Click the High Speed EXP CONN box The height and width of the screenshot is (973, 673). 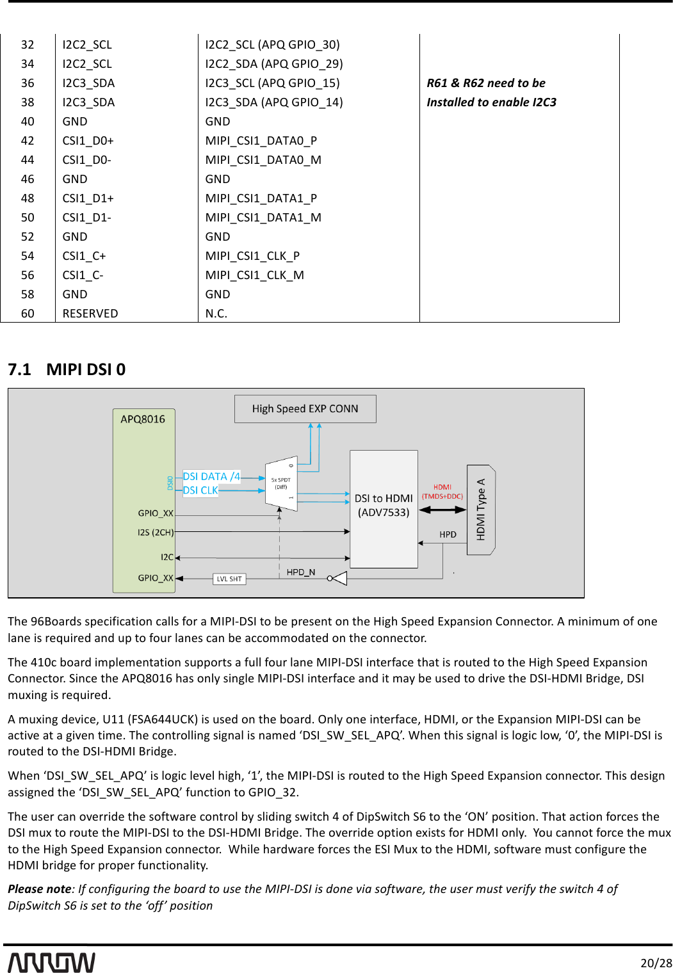(x=305, y=408)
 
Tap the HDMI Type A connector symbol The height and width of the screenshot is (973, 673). (x=481, y=510)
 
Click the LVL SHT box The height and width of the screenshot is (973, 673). (x=229, y=579)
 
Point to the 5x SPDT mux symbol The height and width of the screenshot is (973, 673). (x=281, y=484)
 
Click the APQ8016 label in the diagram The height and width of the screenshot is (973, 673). (x=143, y=419)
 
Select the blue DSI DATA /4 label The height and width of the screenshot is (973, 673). (x=211, y=476)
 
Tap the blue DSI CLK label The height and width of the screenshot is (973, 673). (x=200, y=490)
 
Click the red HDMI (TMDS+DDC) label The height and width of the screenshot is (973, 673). (x=442, y=492)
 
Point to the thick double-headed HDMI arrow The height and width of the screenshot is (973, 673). (x=442, y=510)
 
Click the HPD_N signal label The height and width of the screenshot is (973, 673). (x=300, y=572)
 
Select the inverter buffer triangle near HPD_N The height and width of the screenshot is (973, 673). (x=339, y=578)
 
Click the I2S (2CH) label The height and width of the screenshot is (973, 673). (x=156, y=532)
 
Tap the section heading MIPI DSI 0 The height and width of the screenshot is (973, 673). (x=86, y=369)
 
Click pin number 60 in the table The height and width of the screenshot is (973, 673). (x=28, y=314)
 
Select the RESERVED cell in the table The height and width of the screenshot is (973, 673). (x=90, y=314)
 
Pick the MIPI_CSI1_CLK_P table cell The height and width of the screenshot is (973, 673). (x=252, y=256)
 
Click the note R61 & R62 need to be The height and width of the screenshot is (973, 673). (x=486, y=83)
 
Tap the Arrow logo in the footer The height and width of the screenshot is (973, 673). (x=51, y=962)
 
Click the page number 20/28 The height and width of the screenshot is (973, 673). (x=656, y=963)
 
